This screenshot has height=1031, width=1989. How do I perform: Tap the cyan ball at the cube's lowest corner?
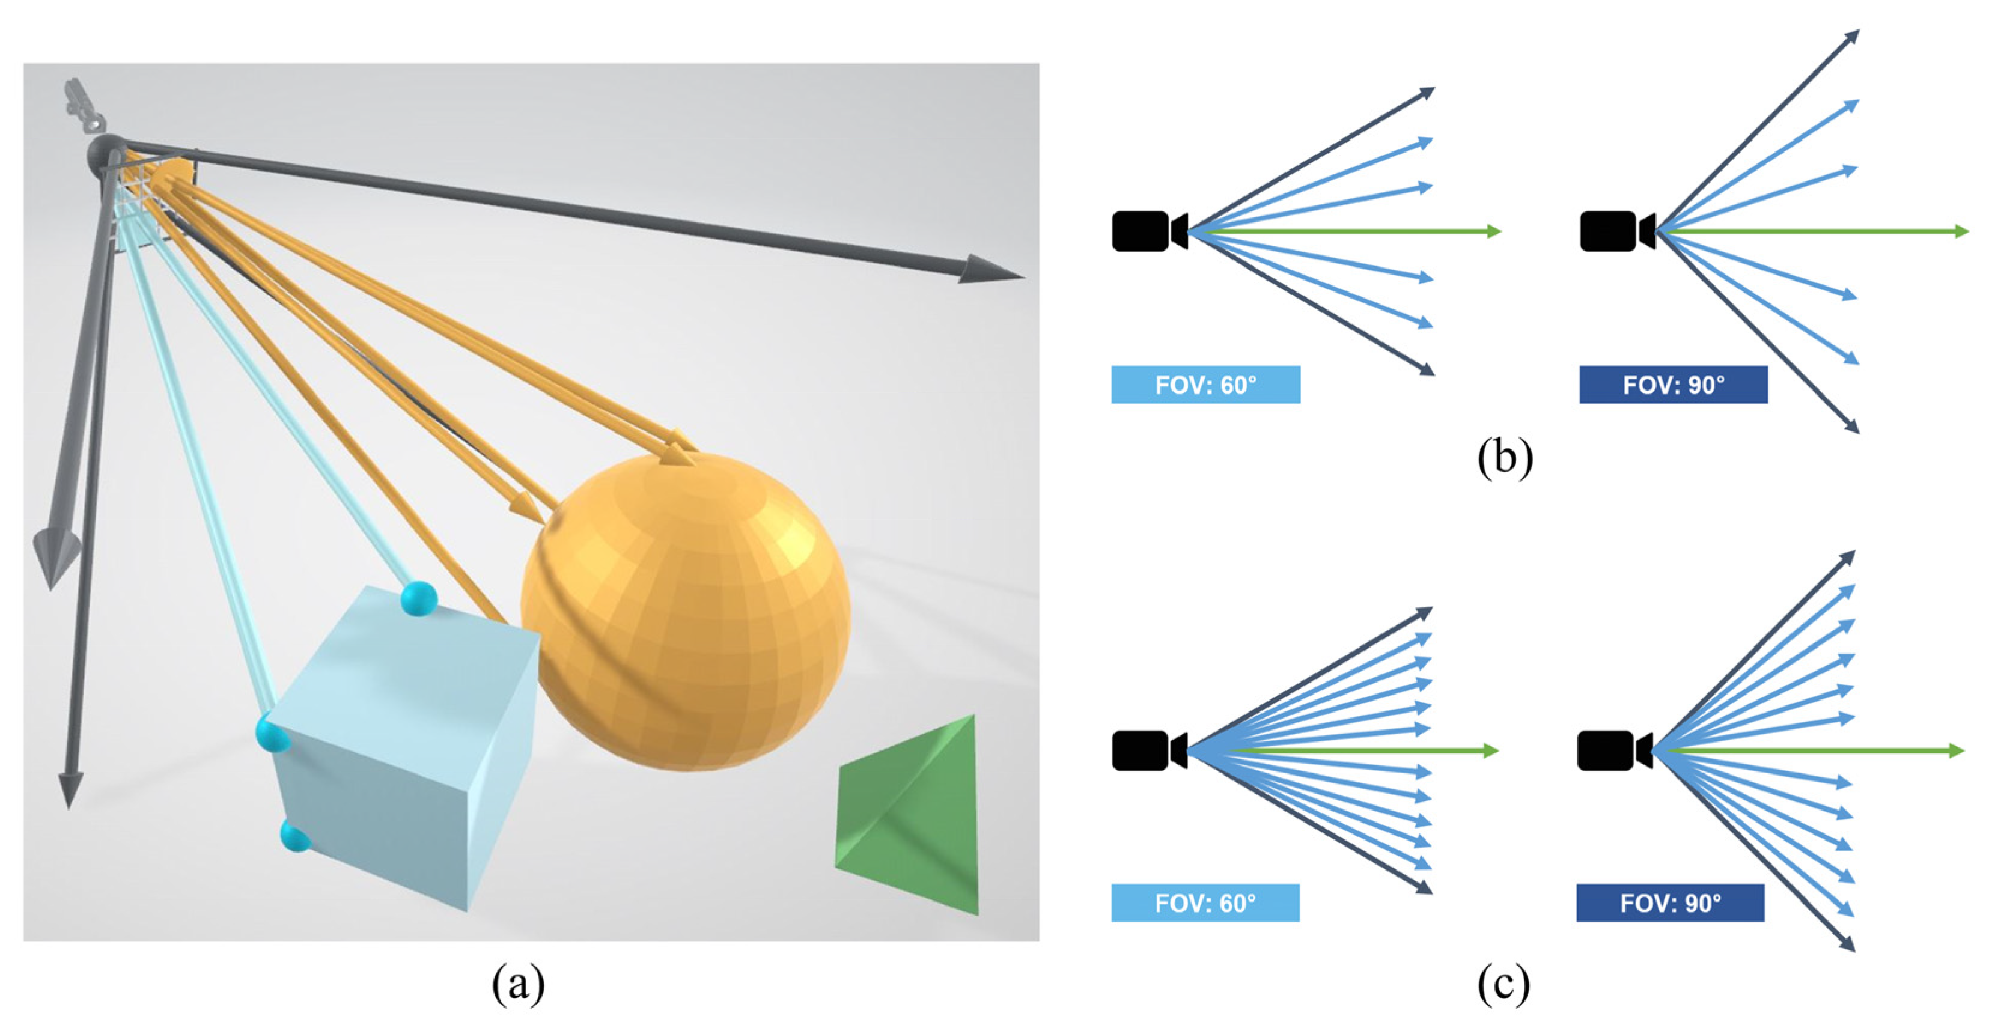[x=294, y=836]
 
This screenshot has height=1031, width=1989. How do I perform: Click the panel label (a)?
[x=518, y=985]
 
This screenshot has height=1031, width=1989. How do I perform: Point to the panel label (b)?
[x=1504, y=457]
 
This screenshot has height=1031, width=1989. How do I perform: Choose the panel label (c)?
[x=1502, y=985]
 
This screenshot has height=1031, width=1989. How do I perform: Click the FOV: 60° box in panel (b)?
[x=1205, y=385]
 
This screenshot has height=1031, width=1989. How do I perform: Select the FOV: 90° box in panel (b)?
[x=1673, y=385]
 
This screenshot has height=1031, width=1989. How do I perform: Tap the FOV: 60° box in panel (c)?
[x=1205, y=903]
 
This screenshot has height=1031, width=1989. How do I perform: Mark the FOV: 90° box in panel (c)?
[x=1670, y=903]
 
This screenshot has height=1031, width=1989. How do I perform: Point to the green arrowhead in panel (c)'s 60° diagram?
[x=1491, y=750]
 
